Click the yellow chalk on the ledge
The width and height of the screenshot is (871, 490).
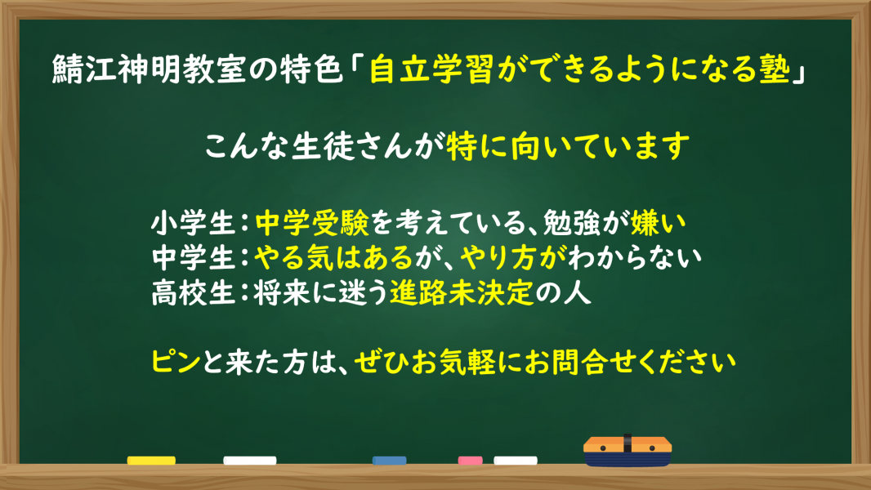tap(151, 460)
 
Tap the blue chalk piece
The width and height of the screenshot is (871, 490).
tap(390, 460)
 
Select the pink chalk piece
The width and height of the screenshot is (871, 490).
tap(470, 460)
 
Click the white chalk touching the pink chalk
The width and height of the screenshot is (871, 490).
tap(516, 460)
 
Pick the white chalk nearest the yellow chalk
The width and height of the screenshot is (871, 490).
tap(250, 460)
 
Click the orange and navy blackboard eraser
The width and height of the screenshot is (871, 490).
tap(628, 451)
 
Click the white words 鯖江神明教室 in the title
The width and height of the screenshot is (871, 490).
tap(149, 70)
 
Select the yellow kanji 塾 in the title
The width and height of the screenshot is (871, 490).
tap(775, 70)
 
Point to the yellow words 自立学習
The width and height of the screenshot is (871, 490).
tap(431, 70)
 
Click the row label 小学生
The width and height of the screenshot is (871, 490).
tap(194, 223)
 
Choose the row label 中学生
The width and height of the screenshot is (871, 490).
tap(194, 257)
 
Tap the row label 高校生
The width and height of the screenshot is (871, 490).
tap(194, 292)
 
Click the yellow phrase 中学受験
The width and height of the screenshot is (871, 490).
tap(312, 223)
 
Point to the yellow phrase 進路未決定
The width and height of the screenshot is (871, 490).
tap(462, 292)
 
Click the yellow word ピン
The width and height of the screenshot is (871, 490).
tap(176, 362)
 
